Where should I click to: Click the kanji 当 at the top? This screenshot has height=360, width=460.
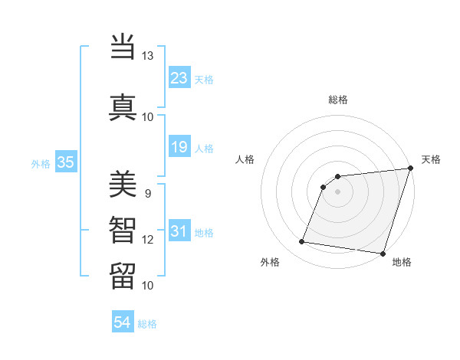pos(123,47)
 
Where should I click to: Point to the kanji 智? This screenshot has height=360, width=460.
pos(123,229)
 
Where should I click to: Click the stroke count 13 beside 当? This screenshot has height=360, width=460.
pos(147,56)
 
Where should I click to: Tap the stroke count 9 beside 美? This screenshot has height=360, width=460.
pos(147,193)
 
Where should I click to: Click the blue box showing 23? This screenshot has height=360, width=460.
pos(179,77)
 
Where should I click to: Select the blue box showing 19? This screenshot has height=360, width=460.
pos(179,147)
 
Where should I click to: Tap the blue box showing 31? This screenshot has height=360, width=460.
pos(179,231)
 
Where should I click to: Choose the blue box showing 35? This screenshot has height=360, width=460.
pos(66,162)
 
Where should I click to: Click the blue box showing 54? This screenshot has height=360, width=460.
pos(123,322)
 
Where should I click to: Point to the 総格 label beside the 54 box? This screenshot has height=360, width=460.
pos(148,324)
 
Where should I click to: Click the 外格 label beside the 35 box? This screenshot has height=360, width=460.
pos(40,163)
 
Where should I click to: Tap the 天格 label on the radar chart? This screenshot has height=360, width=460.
pos(431,159)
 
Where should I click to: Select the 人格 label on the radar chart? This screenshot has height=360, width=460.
pos(245,159)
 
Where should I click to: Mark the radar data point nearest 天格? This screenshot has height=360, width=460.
pos(410,169)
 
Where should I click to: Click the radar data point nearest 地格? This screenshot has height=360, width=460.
pos(383,254)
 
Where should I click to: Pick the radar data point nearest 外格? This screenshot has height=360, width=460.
pos(302,242)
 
